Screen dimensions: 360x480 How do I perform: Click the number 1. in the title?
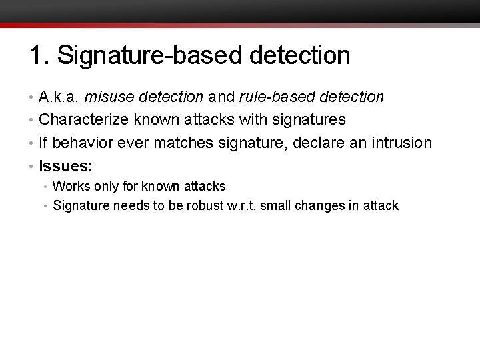(38, 55)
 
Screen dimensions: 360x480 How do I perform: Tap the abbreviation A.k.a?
(61, 97)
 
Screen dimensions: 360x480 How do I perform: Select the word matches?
(189, 143)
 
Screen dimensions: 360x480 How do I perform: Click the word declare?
(321, 143)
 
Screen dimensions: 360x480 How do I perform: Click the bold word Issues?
(65, 165)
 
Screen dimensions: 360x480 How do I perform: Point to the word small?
(275, 205)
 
